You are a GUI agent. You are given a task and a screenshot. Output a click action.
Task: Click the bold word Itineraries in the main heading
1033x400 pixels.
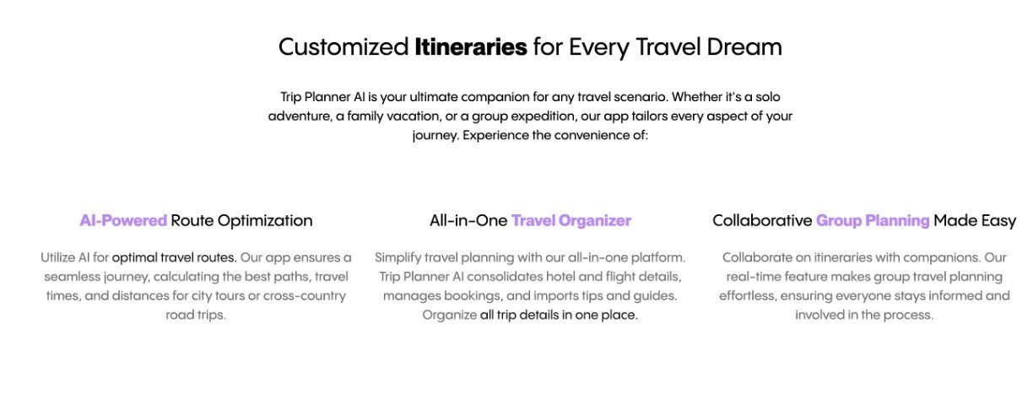tap(471, 47)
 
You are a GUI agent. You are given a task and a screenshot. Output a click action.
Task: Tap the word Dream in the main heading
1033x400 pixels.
tap(744, 47)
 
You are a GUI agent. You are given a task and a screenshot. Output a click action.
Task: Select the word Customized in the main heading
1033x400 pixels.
tap(343, 47)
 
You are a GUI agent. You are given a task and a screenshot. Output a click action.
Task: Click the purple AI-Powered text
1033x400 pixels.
tap(123, 220)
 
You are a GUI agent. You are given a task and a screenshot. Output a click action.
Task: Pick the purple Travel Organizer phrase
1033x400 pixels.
tap(571, 220)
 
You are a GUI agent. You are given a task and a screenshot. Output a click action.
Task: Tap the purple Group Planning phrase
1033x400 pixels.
tap(873, 220)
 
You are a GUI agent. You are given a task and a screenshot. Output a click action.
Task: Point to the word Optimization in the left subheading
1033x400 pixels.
tap(265, 220)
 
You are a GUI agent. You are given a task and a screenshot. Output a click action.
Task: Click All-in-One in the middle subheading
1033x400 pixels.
tap(468, 220)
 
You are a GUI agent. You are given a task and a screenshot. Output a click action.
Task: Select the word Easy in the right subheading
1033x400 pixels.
tap(999, 221)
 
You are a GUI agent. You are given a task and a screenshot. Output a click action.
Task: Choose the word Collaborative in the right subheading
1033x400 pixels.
tap(762, 220)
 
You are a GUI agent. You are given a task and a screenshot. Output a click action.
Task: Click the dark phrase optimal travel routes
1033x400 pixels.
tap(175, 257)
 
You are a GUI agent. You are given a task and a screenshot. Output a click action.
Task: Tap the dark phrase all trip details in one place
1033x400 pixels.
tap(559, 315)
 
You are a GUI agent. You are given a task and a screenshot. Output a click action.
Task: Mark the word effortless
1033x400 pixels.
tap(747, 295)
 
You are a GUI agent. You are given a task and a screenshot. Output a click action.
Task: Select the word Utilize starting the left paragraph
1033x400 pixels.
tap(57, 257)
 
